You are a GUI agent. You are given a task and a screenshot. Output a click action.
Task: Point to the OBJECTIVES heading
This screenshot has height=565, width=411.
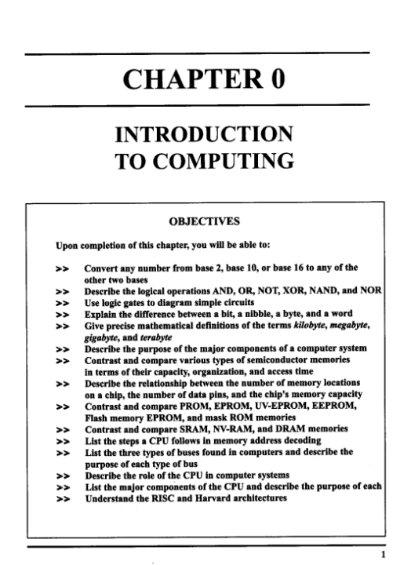point(205,221)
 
